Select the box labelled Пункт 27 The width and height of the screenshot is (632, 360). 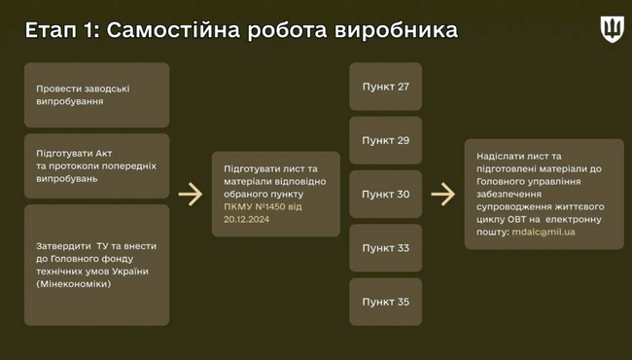coord(386,88)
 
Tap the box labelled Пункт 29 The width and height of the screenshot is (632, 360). coord(386,140)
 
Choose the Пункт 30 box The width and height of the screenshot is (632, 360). coord(386,194)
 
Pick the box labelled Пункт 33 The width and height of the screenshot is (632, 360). coord(386,248)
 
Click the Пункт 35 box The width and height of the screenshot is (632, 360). coord(386,302)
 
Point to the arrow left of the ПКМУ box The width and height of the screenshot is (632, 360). coord(190,195)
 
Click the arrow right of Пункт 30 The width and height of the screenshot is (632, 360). coord(442,195)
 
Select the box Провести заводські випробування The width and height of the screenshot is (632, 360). coord(96,94)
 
